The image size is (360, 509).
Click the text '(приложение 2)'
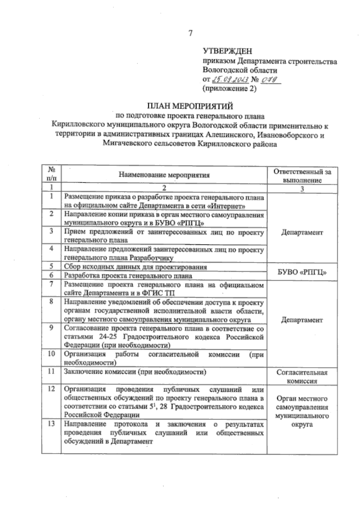coord(229,89)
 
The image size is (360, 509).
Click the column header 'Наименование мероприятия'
coord(164,175)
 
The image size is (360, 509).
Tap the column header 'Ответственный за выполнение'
coord(302,176)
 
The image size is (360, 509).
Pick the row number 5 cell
coord(52,266)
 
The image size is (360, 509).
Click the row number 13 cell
coord(52,424)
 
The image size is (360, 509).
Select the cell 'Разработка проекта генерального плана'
coord(128,275)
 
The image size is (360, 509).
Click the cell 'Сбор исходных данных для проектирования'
coord(136,267)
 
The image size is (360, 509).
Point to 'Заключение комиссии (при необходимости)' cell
coord(135,372)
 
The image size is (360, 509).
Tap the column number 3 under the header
coord(302,189)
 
